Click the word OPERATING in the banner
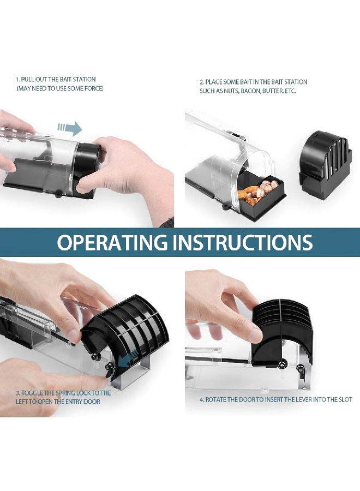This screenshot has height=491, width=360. (x=112, y=242)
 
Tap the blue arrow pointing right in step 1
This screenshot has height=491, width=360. (x=70, y=128)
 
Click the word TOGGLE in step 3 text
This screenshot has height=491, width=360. (x=33, y=393)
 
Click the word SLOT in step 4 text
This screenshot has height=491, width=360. (x=345, y=399)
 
